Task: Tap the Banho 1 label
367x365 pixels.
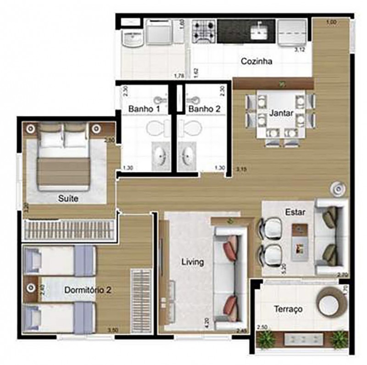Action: (144, 109)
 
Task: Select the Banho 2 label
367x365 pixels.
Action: (204, 109)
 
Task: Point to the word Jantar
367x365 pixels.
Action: (281, 112)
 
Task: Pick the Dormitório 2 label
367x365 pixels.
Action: (87, 290)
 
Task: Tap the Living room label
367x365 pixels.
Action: (192, 262)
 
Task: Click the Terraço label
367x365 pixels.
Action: (288, 309)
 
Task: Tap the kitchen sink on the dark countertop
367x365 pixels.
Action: (260, 31)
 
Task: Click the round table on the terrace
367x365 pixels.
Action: (328, 303)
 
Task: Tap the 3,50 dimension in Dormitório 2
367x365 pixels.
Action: (112, 330)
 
